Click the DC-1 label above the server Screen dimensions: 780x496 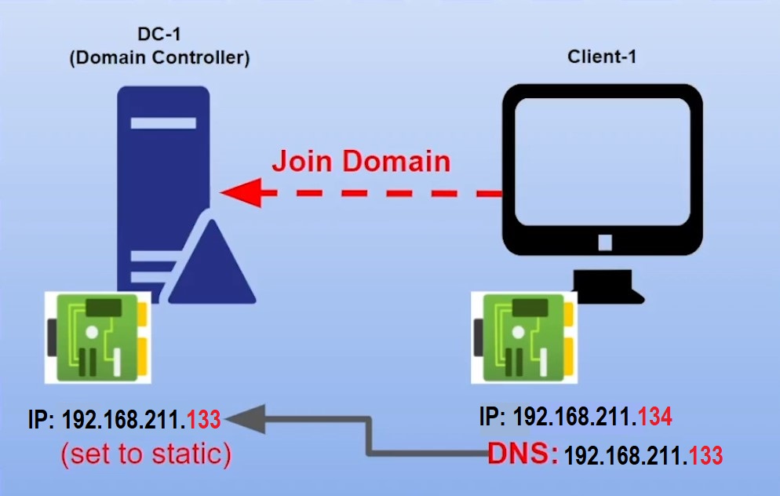(159, 35)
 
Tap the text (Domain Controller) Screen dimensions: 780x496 (159, 58)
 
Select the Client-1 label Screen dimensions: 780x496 (602, 57)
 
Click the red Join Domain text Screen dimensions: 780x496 (361, 161)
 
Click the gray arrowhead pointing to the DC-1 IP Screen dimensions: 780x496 (244, 419)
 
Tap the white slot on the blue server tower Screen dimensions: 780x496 (163, 123)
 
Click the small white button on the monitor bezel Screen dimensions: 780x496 (605, 243)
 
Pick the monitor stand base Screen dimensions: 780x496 (608, 286)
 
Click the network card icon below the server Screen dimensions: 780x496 (98, 337)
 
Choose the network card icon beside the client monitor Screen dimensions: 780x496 (524, 337)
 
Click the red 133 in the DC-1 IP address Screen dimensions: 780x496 (203, 420)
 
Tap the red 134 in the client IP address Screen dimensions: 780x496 (655, 417)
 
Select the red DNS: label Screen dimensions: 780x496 (523, 454)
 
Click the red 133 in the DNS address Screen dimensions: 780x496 (705, 455)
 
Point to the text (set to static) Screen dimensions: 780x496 (146, 454)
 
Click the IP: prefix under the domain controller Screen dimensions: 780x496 (42, 420)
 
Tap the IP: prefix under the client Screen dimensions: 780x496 (493, 417)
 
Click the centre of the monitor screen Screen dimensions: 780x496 (603, 162)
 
